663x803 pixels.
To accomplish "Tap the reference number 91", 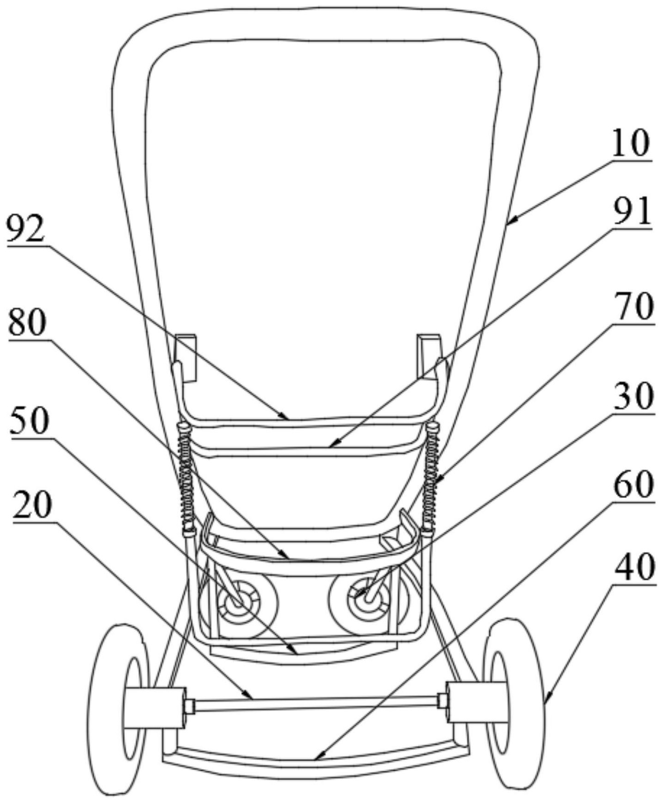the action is [x=632, y=211].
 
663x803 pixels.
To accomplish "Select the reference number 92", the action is [x=26, y=230].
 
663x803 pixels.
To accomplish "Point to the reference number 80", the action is [x=27, y=324].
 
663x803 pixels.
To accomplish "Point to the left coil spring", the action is [x=185, y=477].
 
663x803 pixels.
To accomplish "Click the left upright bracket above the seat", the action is [x=186, y=357].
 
